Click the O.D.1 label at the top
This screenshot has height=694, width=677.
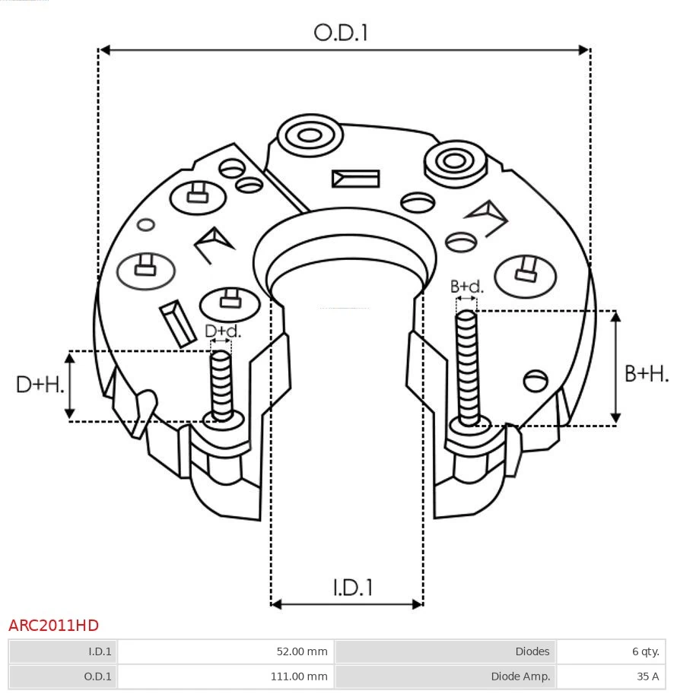point(341,33)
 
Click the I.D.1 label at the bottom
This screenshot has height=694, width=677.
point(352,588)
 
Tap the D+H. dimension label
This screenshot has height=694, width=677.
point(40,385)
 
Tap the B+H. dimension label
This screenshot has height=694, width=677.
point(647,373)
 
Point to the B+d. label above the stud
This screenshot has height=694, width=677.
point(466,287)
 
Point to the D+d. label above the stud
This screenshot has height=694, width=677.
point(223,331)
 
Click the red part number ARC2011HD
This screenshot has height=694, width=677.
point(53,626)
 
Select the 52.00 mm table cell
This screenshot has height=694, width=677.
point(301,651)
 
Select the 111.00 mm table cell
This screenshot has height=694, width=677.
point(299,676)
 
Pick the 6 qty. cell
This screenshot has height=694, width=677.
point(644,651)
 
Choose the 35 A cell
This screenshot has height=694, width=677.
point(647,676)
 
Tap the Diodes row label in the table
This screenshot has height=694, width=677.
point(532,651)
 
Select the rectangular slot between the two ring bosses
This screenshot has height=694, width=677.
point(355,179)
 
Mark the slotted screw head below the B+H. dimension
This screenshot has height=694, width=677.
point(536,380)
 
